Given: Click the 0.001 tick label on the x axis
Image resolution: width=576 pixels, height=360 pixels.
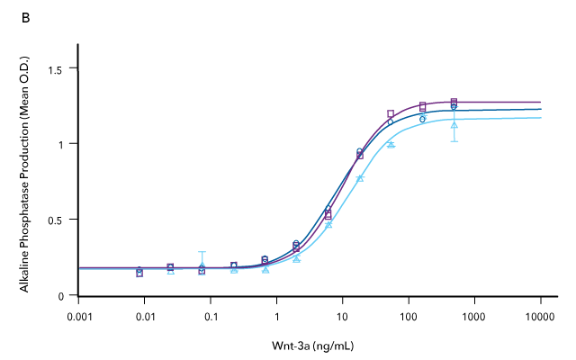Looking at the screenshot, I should click(79, 318).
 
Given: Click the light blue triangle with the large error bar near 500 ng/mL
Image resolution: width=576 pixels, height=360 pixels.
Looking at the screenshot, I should click(454, 123).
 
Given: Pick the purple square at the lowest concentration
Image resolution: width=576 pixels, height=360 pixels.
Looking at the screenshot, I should click(139, 272).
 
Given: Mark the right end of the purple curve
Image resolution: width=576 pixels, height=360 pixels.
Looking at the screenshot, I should click(540, 102).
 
